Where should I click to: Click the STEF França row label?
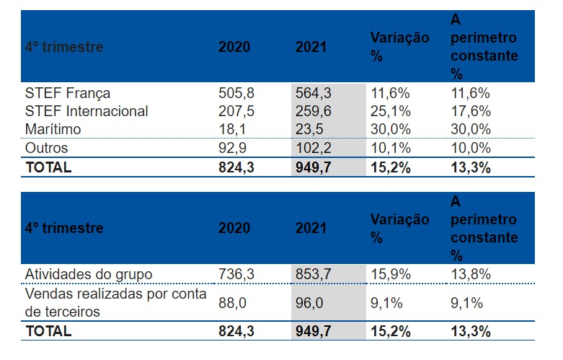[68, 92]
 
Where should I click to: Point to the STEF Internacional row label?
[87, 111]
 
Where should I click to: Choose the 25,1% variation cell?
[390, 111]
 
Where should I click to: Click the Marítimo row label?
[53, 129]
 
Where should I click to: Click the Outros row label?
[47, 148]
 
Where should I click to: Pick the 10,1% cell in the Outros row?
[390, 148]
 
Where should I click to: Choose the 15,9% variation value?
[390, 274]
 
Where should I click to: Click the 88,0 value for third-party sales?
[232, 304]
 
